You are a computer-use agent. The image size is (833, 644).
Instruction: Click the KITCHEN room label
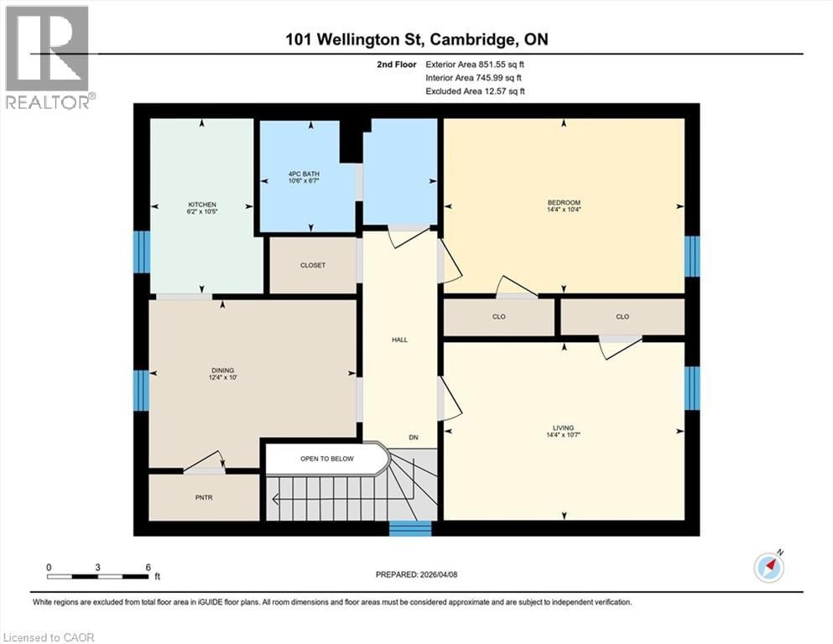(202, 205)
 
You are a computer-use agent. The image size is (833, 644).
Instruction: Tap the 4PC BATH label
(304, 174)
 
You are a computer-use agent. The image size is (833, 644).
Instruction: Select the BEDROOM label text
(564, 202)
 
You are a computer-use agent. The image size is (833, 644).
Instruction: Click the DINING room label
(222, 370)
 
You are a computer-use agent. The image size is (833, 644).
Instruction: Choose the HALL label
(399, 340)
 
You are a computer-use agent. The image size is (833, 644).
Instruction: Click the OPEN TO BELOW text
(327, 459)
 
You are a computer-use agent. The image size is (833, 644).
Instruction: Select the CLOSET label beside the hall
(313, 265)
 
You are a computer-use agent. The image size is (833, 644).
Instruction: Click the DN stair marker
(414, 438)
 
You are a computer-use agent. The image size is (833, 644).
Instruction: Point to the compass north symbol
(769, 568)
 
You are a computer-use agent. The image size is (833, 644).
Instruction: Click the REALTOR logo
(48, 57)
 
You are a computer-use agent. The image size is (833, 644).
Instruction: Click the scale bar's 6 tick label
(148, 568)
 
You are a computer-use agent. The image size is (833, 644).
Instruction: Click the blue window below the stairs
(410, 528)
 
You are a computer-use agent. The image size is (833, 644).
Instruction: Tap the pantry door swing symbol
(206, 462)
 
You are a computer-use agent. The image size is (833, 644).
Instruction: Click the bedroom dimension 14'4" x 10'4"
(564, 210)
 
